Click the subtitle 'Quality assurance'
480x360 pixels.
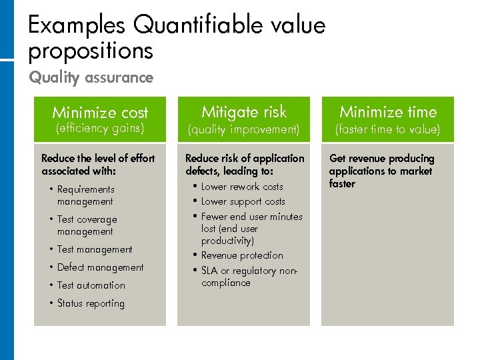(x=91, y=77)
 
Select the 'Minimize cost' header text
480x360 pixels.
(x=100, y=112)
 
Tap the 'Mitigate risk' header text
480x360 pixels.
(x=244, y=111)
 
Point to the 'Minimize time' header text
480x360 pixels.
(x=388, y=111)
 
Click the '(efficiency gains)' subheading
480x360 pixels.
(x=100, y=127)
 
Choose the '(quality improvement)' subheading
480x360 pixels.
(x=244, y=129)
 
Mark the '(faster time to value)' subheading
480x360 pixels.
(x=388, y=129)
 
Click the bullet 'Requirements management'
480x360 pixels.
(x=85, y=195)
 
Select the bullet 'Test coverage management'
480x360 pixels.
(x=87, y=225)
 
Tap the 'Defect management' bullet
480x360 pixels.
(x=100, y=267)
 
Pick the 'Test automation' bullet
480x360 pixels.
(x=91, y=285)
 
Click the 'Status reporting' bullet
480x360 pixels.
(x=91, y=303)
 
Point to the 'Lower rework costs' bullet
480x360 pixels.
(x=242, y=187)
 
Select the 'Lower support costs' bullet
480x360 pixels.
(x=243, y=201)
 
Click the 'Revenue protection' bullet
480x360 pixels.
(x=242, y=255)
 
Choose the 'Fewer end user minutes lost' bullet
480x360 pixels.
(x=251, y=228)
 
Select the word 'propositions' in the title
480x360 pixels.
(x=91, y=51)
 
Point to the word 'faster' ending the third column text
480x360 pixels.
(x=342, y=184)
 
